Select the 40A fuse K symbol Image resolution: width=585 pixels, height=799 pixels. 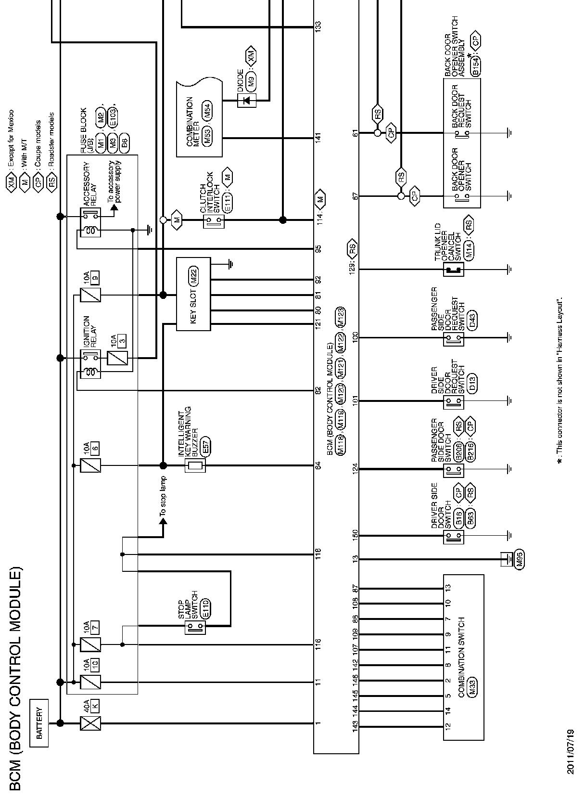click(87, 723)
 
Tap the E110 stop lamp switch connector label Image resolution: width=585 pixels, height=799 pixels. click(206, 608)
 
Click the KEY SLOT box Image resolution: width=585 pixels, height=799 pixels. click(193, 294)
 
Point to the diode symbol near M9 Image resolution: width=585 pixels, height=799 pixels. click(247, 100)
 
